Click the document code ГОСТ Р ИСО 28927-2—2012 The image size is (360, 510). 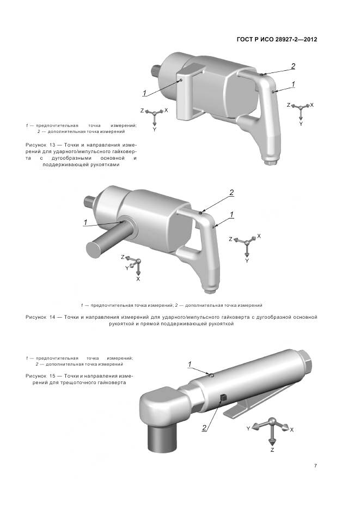[277, 40]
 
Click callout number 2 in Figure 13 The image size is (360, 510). [293, 66]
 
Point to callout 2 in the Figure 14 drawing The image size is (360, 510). [231, 193]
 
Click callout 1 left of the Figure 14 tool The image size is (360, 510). [85, 222]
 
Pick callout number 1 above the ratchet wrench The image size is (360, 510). [190, 364]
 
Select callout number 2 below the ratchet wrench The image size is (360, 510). [204, 428]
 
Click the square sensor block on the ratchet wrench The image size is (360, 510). [222, 398]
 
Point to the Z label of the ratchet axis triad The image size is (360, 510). [272, 450]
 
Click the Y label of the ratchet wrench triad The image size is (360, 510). [248, 429]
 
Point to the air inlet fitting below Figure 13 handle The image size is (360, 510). [271, 162]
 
